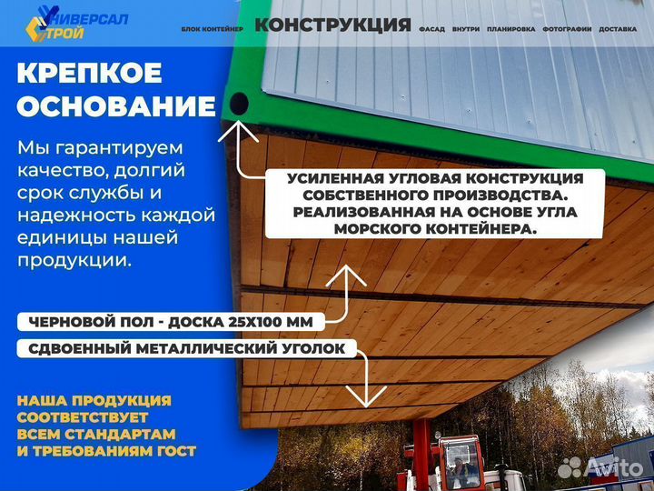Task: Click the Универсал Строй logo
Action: (76, 24)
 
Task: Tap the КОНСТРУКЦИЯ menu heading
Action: (332, 25)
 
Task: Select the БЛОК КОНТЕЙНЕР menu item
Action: (213, 29)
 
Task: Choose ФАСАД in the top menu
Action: (431, 29)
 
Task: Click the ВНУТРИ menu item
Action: (465, 29)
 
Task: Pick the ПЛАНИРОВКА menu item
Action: (510, 29)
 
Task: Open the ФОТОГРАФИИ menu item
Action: (567, 29)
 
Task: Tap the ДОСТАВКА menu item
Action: (618, 29)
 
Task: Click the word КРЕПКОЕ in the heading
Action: (89, 74)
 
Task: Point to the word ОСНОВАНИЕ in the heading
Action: (116, 107)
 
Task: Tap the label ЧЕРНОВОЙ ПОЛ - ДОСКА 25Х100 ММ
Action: (171, 322)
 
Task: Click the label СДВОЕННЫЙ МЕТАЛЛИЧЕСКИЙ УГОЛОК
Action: (186, 348)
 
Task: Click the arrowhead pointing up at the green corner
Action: (240, 130)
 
